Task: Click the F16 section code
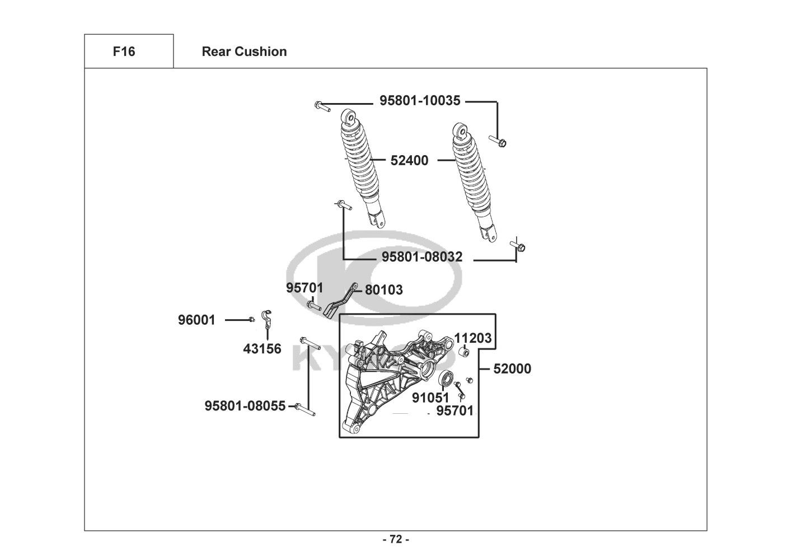tap(124, 52)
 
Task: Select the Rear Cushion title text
tap(244, 52)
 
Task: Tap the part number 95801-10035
tap(420, 101)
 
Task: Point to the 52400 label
tap(410, 161)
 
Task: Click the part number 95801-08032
tap(422, 257)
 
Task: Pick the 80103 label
tap(384, 290)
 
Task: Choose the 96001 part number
tap(196, 320)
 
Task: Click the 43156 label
tap(262, 349)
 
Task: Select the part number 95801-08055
tap(245, 406)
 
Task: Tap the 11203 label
tap(473, 338)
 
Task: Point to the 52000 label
tap(512, 369)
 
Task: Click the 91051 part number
tap(430, 398)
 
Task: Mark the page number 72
tap(396, 540)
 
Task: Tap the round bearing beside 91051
tap(446, 379)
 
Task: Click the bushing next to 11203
tap(464, 353)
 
